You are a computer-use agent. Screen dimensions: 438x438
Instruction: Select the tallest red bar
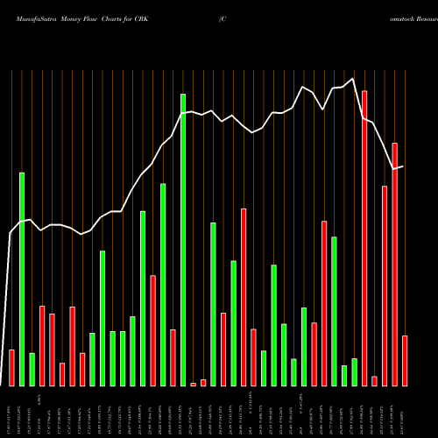(x=364, y=237)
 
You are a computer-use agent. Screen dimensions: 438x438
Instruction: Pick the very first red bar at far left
(x=11, y=367)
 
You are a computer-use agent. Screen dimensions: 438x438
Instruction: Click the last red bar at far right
(x=405, y=360)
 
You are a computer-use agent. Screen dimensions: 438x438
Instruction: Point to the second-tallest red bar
(x=395, y=264)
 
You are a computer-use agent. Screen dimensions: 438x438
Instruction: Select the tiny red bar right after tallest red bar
(x=374, y=380)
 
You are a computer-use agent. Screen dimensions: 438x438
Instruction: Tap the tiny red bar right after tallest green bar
(x=194, y=384)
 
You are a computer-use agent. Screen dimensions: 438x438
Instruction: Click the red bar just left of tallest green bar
(x=173, y=357)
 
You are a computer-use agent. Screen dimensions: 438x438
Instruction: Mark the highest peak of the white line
(x=353, y=80)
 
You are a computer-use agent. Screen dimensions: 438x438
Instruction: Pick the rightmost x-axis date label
(x=405, y=412)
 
